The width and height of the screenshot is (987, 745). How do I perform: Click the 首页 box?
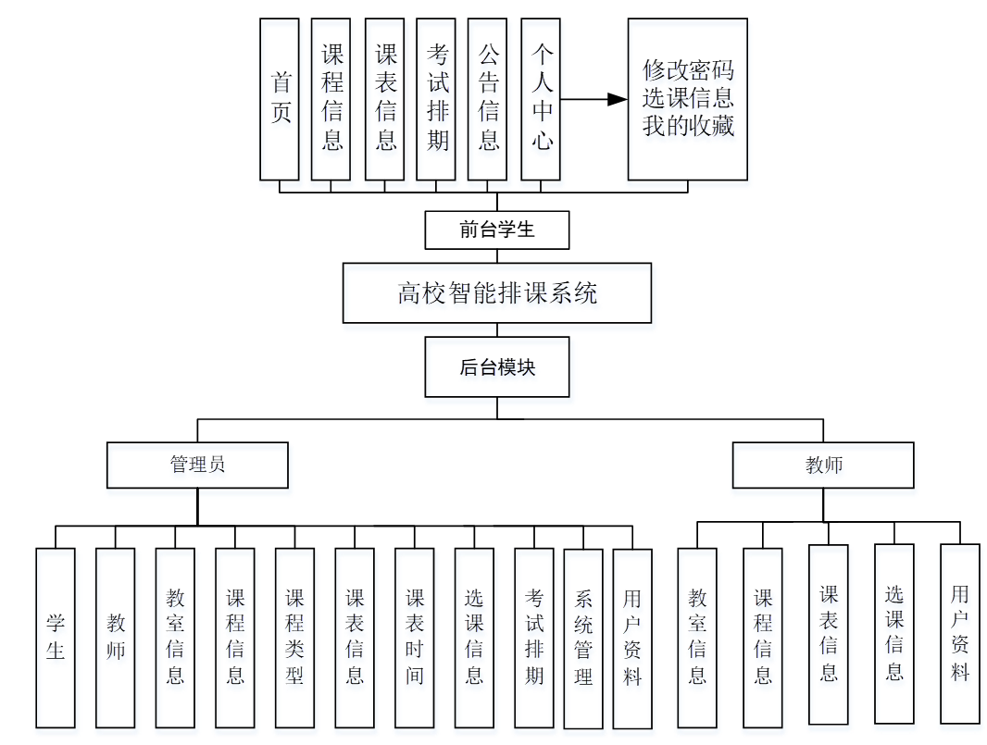(280, 99)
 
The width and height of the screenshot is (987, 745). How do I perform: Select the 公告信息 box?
(488, 99)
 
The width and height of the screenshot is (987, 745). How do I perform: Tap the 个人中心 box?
(541, 99)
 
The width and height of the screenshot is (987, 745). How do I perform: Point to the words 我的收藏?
(688, 126)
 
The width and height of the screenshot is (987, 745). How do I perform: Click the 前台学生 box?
(497, 230)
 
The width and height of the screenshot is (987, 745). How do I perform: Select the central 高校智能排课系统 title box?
(497, 293)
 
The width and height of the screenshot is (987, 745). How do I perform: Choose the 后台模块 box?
(497, 367)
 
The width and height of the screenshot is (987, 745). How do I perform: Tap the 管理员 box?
(197, 465)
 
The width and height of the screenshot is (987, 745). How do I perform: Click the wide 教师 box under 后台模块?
(823, 465)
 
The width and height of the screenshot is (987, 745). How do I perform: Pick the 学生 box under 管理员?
(56, 638)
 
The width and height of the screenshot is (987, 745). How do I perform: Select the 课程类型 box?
(294, 638)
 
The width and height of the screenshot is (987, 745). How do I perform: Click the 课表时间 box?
(414, 638)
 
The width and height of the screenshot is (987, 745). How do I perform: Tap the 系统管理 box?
(583, 639)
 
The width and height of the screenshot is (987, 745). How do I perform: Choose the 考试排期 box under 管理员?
(534, 638)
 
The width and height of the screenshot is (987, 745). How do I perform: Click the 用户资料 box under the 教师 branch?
(960, 633)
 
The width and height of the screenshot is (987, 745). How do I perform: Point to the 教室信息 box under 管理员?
(175, 638)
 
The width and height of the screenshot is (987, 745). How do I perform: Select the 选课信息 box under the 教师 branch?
(894, 633)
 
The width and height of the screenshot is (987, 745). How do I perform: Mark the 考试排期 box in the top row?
(436, 99)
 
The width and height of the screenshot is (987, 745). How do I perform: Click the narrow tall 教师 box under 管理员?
(116, 638)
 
